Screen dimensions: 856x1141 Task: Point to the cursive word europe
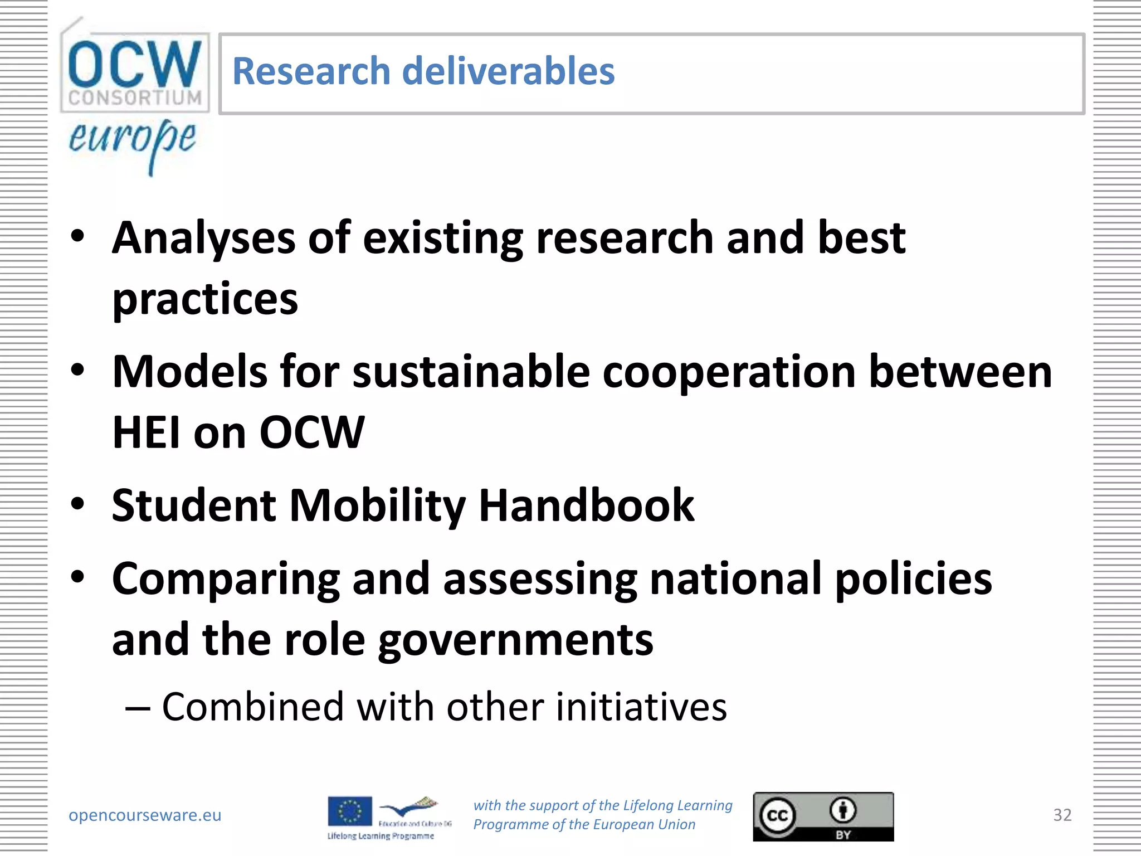pos(133,139)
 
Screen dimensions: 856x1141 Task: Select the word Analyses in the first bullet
pos(203,238)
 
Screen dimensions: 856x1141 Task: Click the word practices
pos(205,299)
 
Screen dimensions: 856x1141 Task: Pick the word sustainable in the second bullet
pos(471,372)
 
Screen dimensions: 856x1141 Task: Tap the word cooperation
pos(729,372)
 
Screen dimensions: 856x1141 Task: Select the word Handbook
pos(587,505)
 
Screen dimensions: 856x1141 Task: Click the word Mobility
pos(377,505)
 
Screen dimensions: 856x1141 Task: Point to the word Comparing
pos(226,580)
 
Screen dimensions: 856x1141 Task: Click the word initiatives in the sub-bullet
pos(641,707)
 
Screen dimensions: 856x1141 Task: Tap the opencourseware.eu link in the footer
pos(145,815)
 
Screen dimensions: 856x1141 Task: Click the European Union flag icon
pos(350,811)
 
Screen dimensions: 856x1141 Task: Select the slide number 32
pos(1062,815)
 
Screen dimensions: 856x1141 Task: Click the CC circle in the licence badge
pos(777,816)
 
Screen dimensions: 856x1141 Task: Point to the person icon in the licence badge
pos(843,810)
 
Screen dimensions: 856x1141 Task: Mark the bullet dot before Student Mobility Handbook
pos(78,504)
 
